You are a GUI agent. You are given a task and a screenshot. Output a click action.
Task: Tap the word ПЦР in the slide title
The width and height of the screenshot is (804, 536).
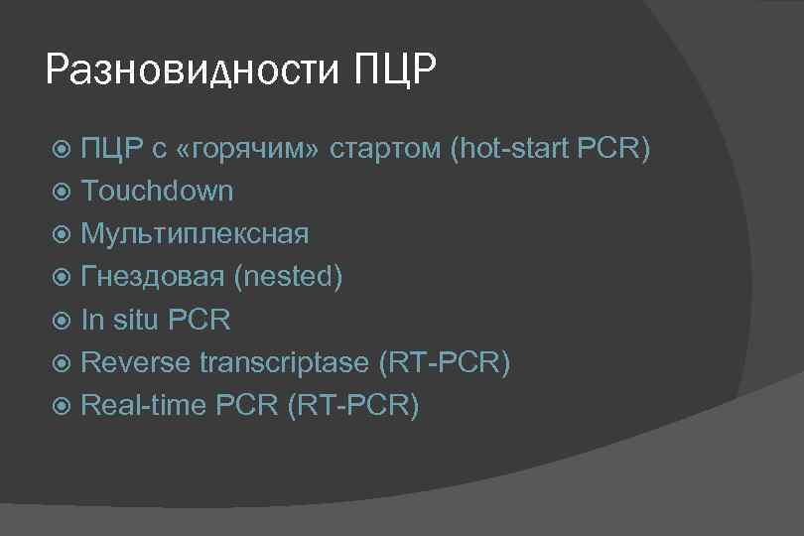(x=395, y=71)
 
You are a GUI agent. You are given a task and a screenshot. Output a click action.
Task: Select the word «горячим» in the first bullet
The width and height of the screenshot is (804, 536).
(x=247, y=149)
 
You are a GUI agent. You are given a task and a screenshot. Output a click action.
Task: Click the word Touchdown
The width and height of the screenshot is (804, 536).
(x=157, y=191)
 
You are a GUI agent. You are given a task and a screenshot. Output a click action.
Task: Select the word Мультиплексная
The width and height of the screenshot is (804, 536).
(x=195, y=234)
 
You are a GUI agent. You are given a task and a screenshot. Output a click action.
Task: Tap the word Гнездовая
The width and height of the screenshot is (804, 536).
(x=153, y=277)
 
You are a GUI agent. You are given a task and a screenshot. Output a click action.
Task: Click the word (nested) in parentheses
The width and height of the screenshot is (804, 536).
(x=289, y=277)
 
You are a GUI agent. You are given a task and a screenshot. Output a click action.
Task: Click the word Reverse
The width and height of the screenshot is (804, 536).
(x=135, y=362)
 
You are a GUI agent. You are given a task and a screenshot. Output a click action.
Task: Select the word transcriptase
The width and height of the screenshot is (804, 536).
(x=284, y=362)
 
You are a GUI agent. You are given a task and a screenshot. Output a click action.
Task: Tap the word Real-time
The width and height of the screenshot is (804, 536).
(x=143, y=405)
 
